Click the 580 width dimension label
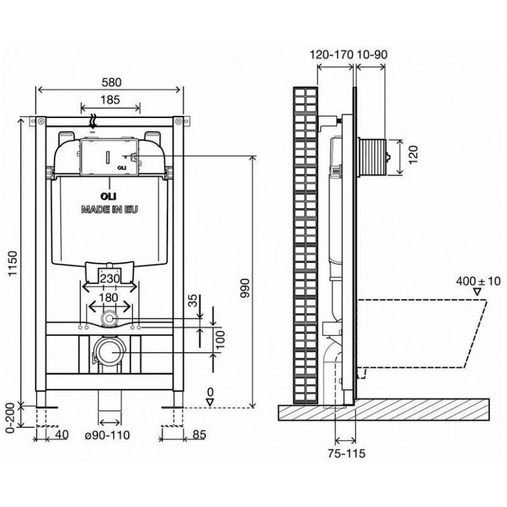coord(112,82)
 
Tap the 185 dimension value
coord(110,99)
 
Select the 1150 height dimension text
coord(13,263)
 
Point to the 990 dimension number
coord(245,288)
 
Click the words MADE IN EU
coord(109,210)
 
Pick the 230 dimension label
coord(109,278)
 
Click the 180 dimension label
coord(108,297)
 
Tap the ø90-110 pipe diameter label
coord(107,435)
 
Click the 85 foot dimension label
coord(199,434)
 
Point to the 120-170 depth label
coord(331,55)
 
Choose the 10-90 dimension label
coord(371,55)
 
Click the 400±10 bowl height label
coord(478,281)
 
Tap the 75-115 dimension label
coord(346,453)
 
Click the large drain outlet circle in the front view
coord(110,352)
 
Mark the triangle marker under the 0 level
coord(210,402)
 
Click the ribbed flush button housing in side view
coord(373,157)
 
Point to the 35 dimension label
coord(193,301)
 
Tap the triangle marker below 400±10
coord(477,292)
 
